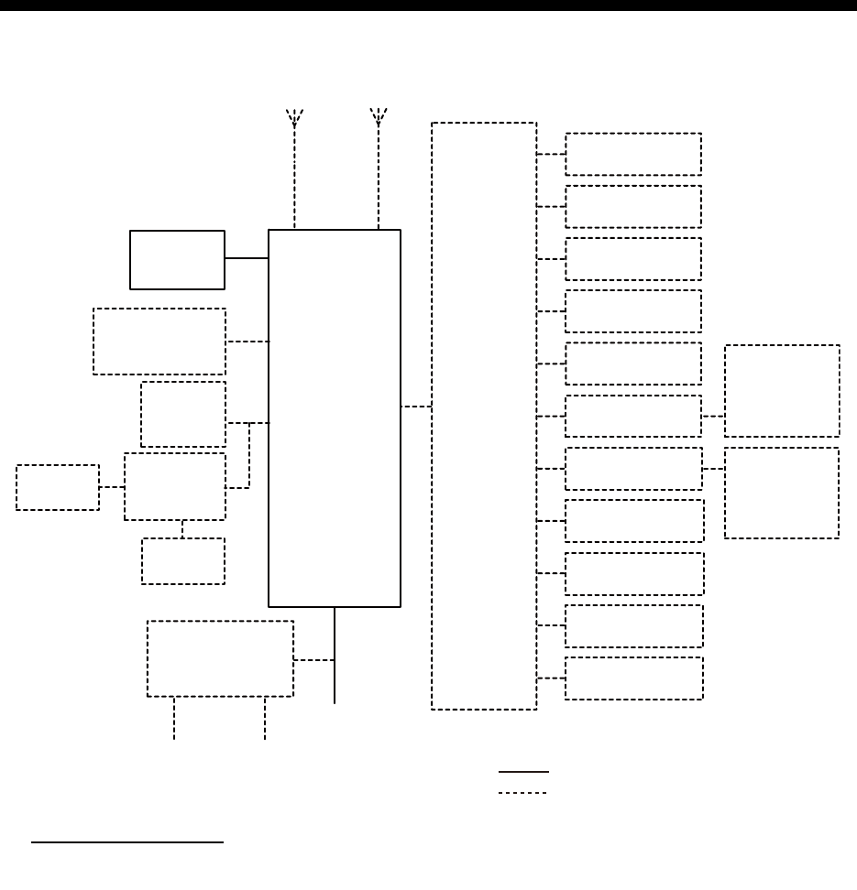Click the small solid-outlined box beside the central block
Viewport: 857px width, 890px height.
pyautogui.click(x=177, y=259)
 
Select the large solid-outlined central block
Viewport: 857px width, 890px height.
pyautogui.click(x=334, y=418)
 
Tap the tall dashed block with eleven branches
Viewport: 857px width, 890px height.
pyautogui.click(x=483, y=416)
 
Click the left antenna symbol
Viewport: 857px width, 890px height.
pyautogui.click(x=294, y=117)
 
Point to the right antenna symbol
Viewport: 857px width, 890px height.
pyautogui.click(x=378, y=116)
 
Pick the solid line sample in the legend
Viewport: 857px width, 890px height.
pyautogui.click(x=523, y=771)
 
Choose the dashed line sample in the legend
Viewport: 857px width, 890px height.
pyautogui.click(x=523, y=792)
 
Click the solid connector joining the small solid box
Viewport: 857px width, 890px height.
pyautogui.click(x=246, y=258)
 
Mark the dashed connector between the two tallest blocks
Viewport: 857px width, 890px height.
pyautogui.click(x=415, y=406)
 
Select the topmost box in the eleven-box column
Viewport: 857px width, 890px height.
pyautogui.click(x=633, y=154)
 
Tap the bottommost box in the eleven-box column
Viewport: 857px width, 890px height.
pyautogui.click(x=633, y=678)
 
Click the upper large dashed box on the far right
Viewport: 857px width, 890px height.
pyautogui.click(x=782, y=391)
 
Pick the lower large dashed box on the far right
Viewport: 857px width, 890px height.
pyautogui.click(x=782, y=493)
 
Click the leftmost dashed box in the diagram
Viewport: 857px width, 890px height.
pyautogui.click(x=58, y=487)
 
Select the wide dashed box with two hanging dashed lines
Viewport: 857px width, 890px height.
pyautogui.click(x=220, y=658)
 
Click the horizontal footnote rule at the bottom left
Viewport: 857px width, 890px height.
pyautogui.click(x=127, y=841)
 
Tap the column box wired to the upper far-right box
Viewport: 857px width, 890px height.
pyautogui.click(x=633, y=416)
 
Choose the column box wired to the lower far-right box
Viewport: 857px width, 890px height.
pyautogui.click(x=633, y=469)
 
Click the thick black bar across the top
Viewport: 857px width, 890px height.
pyautogui.click(x=428, y=5)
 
